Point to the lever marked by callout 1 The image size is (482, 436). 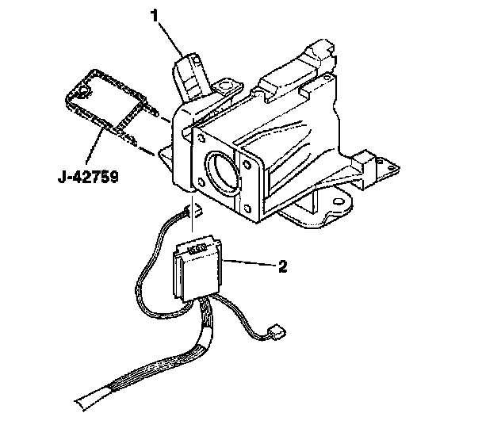(x=189, y=79)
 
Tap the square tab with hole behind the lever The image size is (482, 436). (x=228, y=86)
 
